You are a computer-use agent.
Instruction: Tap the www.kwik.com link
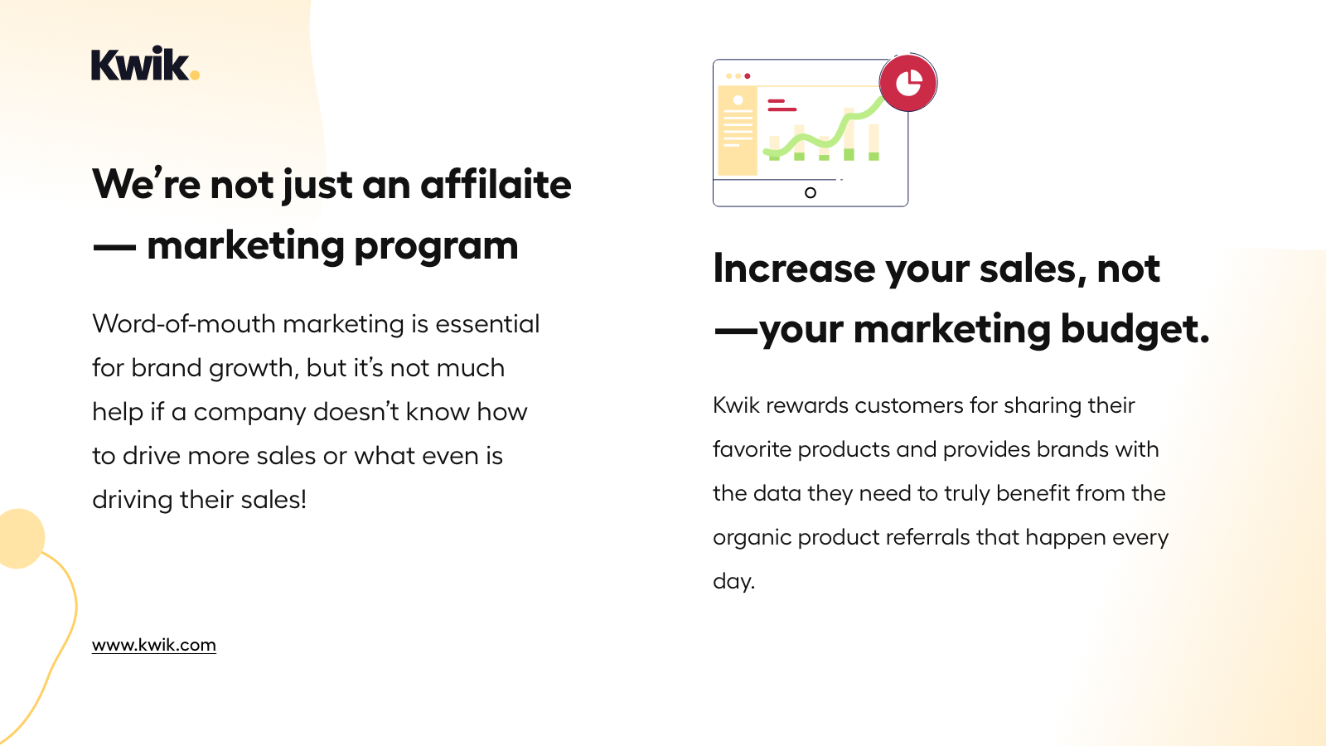tap(154, 645)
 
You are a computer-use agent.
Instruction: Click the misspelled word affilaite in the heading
tap(496, 184)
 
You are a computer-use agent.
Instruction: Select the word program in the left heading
tap(436, 246)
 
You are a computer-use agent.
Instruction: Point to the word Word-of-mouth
tap(184, 324)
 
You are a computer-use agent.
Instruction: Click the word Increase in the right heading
tap(794, 269)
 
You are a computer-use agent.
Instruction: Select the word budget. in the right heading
tap(1135, 330)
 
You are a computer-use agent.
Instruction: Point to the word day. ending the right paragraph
tap(733, 581)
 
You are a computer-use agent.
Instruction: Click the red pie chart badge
tap(908, 83)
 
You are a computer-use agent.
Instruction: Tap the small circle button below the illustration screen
tap(811, 193)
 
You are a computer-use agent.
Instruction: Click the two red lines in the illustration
tap(781, 105)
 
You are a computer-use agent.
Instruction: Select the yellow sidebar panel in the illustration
tap(737, 132)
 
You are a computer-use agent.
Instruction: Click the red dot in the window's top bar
tap(748, 76)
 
